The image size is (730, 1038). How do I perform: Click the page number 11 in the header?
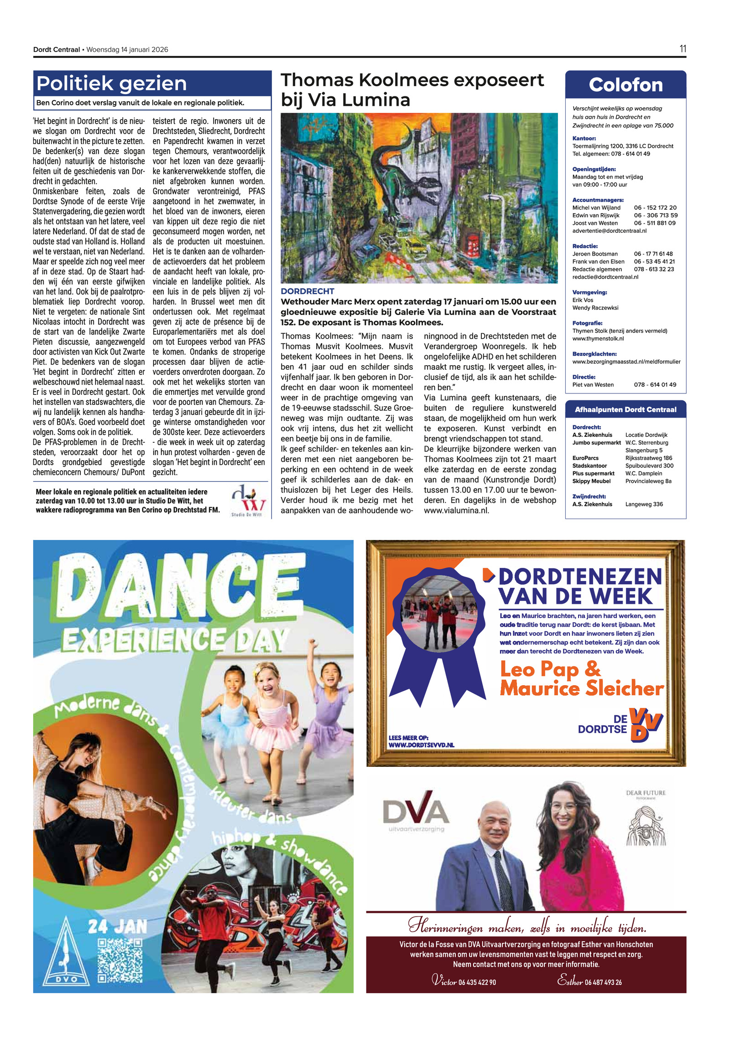coord(683,49)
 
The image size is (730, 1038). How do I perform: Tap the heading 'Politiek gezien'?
coord(112,84)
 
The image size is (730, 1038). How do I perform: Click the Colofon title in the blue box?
coord(626,85)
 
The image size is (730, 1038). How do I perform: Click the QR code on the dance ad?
coord(120,960)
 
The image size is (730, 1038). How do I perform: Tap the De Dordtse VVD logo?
coord(620,725)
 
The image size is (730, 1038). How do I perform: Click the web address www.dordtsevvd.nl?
coord(421,745)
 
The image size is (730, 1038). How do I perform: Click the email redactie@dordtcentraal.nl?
coord(605,277)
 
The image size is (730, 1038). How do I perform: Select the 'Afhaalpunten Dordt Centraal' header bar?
coord(625,409)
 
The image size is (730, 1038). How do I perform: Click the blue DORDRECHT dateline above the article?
coord(307,291)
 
